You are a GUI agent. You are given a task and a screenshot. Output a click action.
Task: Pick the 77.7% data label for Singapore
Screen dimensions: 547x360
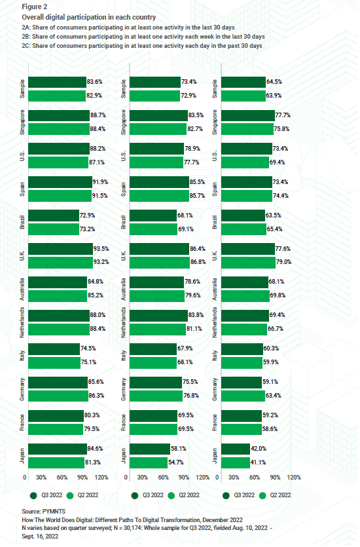pos(283,115)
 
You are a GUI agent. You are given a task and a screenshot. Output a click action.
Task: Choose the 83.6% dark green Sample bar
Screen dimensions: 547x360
pos(55,82)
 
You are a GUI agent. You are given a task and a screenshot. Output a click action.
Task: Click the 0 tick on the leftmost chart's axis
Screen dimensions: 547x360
pos(25,478)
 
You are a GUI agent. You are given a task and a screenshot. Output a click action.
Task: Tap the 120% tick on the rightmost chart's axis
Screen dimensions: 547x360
pos(293,478)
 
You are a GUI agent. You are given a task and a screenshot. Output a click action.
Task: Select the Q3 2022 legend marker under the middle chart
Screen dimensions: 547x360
pos(136,495)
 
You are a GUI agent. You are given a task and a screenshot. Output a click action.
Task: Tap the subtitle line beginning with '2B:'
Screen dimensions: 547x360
pos(142,37)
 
